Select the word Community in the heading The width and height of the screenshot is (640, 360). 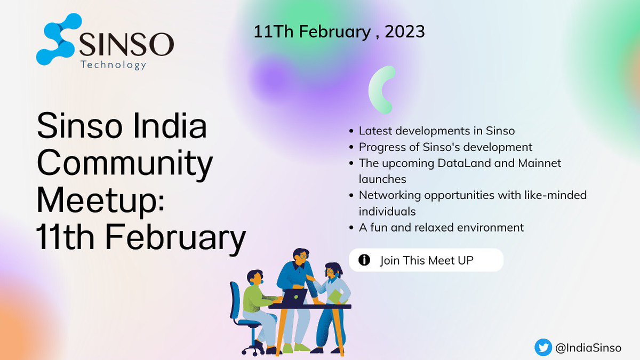click(124, 165)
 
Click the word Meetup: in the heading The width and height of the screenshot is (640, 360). click(102, 202)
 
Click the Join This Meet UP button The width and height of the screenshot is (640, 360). click(426, 260)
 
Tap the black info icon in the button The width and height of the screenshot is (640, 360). click(364, 260)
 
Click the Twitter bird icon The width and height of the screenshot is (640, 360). click(542, 347)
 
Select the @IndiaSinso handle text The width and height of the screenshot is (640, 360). click(588, 348)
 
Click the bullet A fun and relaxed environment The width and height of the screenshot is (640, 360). click(441, 228)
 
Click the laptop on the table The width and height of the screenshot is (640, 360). click(294, 297)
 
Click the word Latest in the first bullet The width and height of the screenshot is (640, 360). click(374, 130)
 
